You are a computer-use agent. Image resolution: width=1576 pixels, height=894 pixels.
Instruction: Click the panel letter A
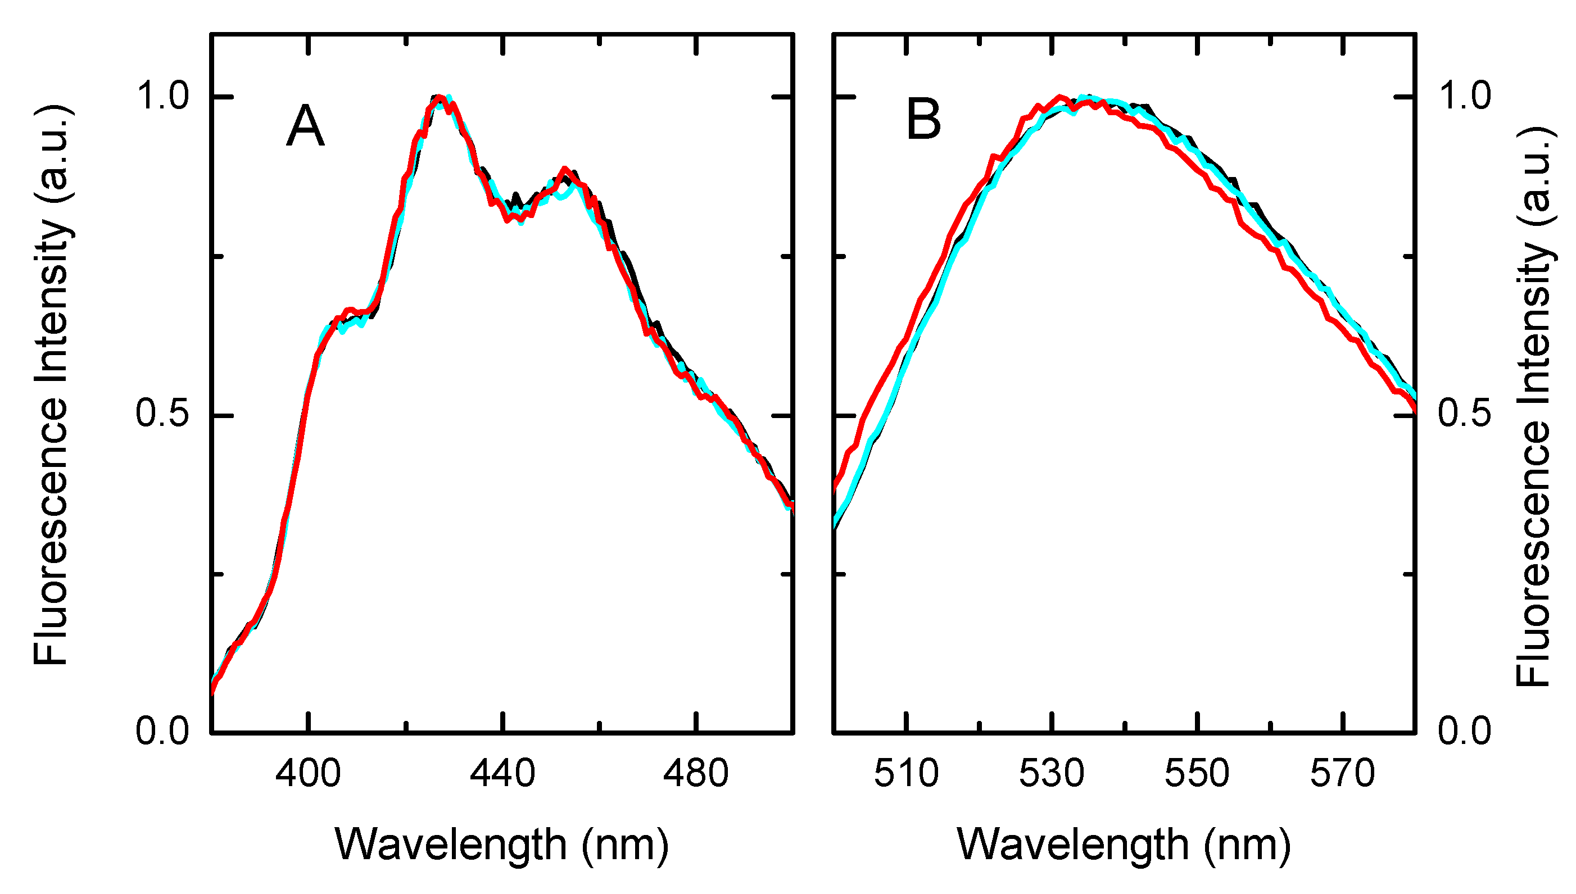click(305, 126)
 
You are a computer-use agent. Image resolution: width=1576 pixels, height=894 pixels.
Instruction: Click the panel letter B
click(923, 120)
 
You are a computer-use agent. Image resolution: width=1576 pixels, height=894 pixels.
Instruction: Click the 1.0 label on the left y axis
click(162, 97)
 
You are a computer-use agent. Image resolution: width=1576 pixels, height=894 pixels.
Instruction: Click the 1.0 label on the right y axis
click(1465, 97)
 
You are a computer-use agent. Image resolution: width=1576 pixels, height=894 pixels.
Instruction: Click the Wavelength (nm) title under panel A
click(502, 846)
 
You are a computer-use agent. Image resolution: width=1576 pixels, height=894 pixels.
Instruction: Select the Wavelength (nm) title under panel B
click(1124, 846)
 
